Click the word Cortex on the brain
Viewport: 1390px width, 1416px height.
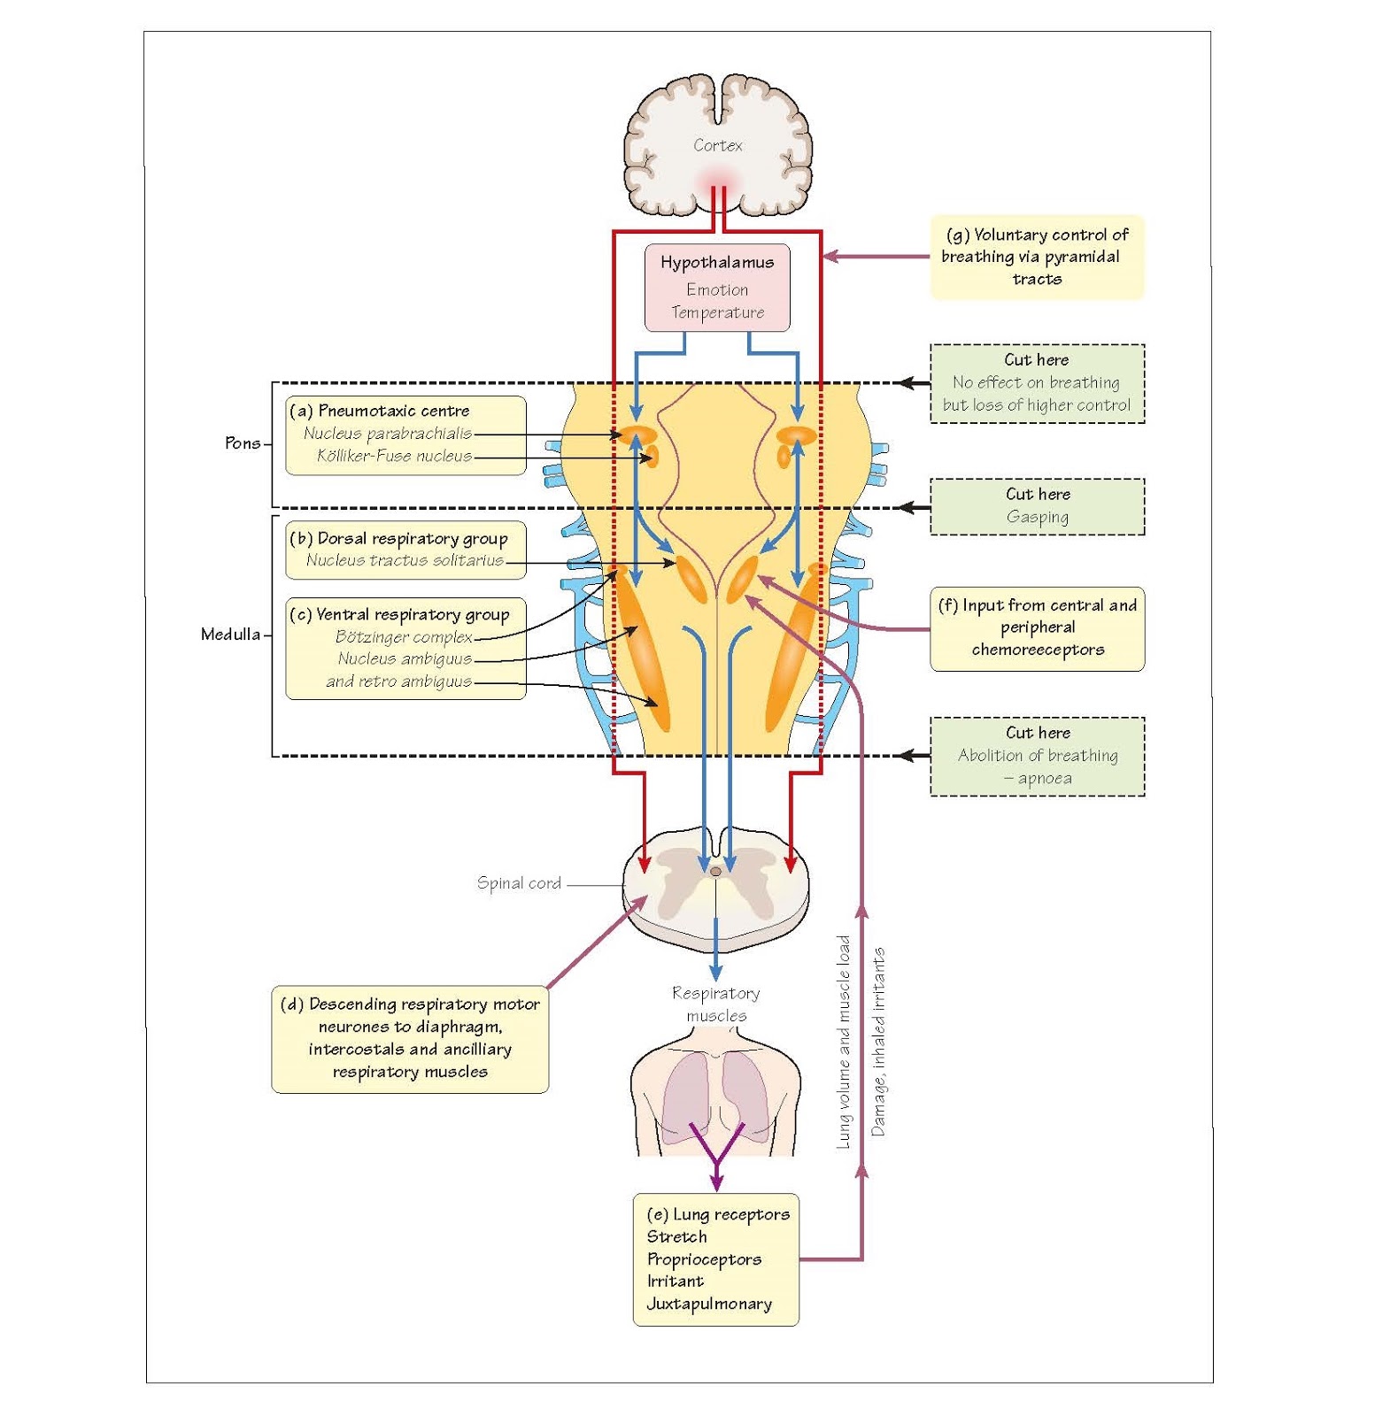[717, 145]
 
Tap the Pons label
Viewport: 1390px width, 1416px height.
[242, 442]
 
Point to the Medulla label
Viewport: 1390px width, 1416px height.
[230, 634]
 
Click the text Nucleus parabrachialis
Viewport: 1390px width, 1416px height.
[387, 433]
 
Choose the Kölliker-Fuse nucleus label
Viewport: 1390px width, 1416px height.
[394, 456]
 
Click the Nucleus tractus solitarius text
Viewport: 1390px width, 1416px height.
[405, 560]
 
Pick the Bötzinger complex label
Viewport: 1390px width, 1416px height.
[403, 636]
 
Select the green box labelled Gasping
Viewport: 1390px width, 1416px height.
[1037, 506]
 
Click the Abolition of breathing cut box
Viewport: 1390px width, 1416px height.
[1037, 756]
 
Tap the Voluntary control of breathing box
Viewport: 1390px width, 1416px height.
[1036, 257]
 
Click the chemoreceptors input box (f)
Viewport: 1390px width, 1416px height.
[1037, 627]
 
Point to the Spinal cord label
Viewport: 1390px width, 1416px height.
[519, 882]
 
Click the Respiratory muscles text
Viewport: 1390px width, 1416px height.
[715, 1004]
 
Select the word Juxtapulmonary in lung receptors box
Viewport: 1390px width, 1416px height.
[708, 1304]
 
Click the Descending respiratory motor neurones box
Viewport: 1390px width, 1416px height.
[409, 1038]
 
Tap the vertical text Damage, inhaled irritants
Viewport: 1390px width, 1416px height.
[877, 1042]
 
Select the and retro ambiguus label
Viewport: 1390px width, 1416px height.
[398, 681]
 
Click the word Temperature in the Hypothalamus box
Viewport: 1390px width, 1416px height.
[717, 312]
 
